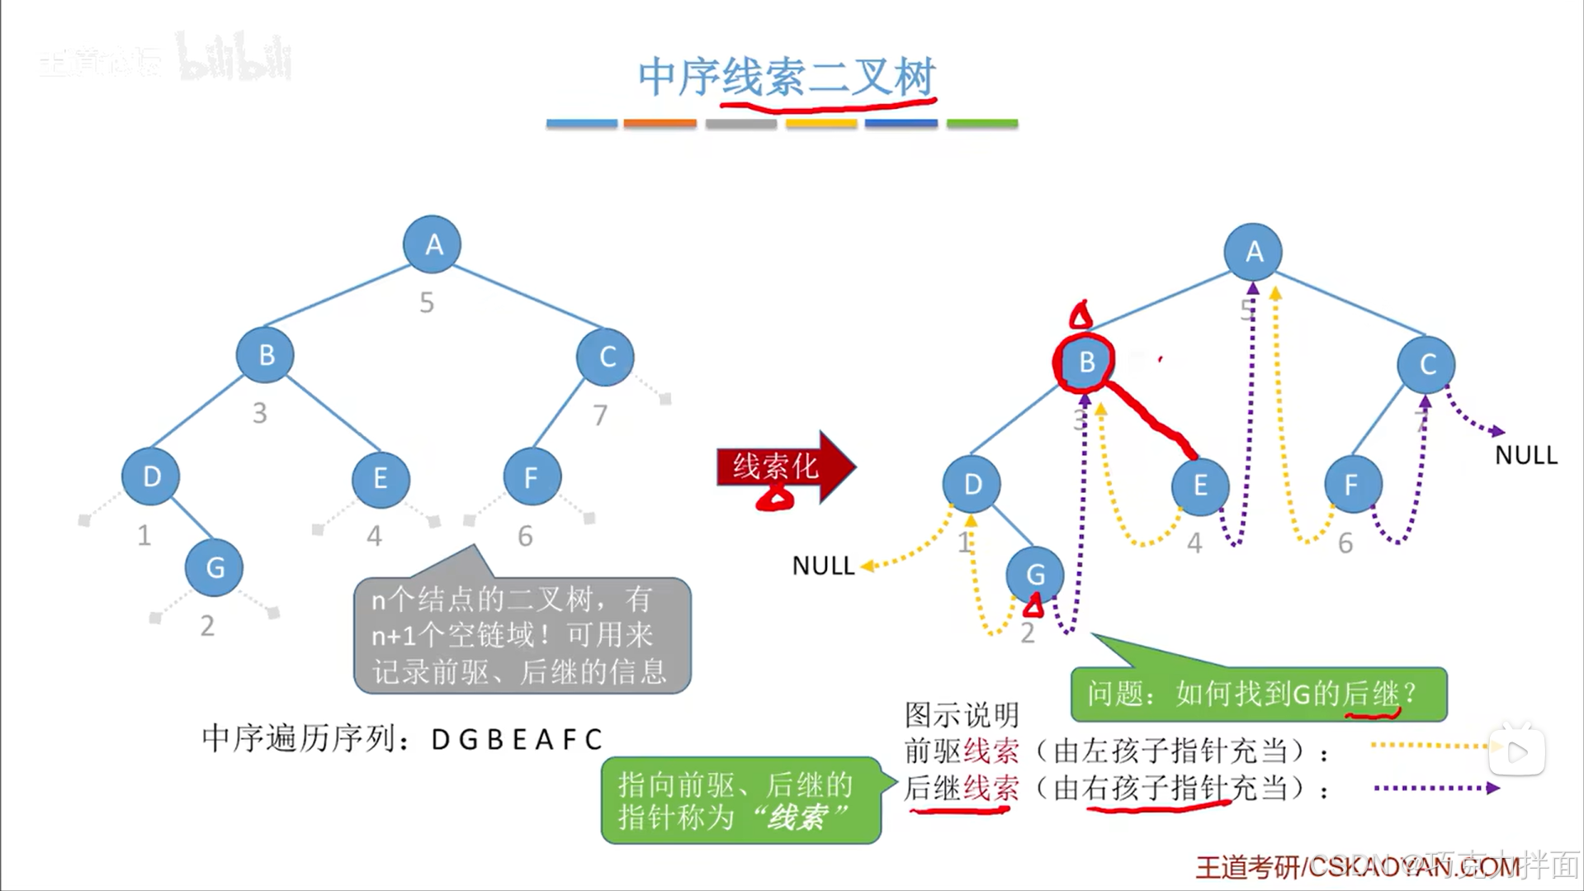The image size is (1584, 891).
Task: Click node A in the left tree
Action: pos(432,244)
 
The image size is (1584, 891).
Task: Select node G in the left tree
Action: pos(215,567)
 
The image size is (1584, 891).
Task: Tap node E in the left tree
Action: pos(380,478)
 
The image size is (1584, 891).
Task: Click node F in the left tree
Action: pos(531,477)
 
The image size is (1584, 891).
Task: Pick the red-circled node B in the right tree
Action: pos(1085,362)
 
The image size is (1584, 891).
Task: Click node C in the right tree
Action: pos(1426,364)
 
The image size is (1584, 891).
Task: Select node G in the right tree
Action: pos(1035,574)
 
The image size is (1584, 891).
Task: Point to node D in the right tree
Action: pos(972,484)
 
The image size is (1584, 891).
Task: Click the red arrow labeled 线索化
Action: pos(784,467)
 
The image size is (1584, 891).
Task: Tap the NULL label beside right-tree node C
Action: pos(1525,455)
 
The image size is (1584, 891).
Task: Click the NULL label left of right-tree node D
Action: pos(823,566)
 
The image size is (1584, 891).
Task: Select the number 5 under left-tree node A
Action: pos(426,303)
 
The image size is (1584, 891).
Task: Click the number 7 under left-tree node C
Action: pos(600,415)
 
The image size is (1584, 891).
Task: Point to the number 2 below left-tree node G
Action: pos(207,626)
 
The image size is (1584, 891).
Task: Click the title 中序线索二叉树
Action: pos(786,77)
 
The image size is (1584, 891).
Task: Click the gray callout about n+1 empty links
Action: pos(522,636)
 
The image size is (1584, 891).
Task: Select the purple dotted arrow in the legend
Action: pos(1436,789)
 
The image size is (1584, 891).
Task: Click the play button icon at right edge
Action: pos(1517,751)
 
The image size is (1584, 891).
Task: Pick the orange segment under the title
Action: pos(660,123)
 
